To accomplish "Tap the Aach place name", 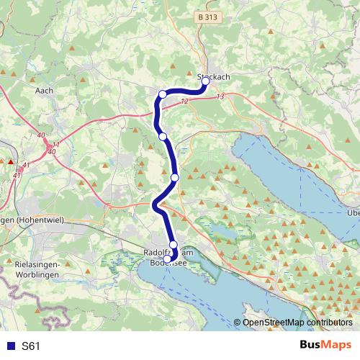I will pyautogui.click(x=45, y=91).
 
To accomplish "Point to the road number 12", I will pyautogui.click(x=185, y=102).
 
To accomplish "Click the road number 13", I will pyautogui.click(x=220, y=96).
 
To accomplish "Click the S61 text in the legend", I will pyautogui.click(x=32, y=346).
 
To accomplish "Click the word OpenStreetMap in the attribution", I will pyautogui.click(x=274, y=323).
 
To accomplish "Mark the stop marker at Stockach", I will pyautogui.click(x=205, y=81).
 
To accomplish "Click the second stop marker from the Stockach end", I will pyautogui.click(x=163, y=94).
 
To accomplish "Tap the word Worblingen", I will pyautogui.click(x=36, y=275).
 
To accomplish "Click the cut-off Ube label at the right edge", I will pyautogui.click(x=353, y=212).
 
